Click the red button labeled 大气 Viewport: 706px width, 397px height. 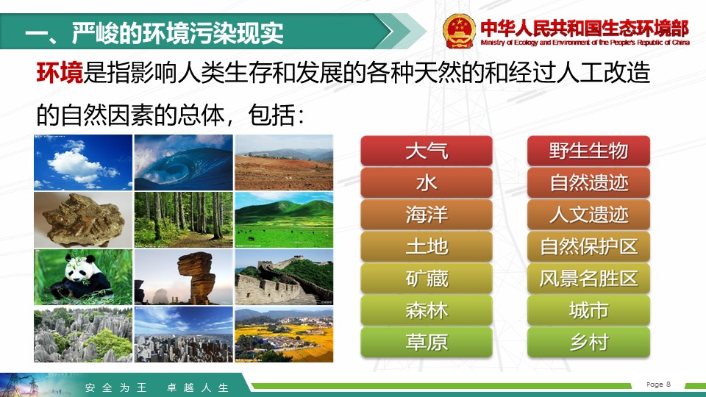click(427, 151)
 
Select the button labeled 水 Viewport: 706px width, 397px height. click(427, 183)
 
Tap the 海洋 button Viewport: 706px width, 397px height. click(427, 215)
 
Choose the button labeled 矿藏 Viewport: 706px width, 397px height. click(427, 279)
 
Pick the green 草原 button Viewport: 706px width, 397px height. click(427, 342)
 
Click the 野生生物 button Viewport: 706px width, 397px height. click(588, 151)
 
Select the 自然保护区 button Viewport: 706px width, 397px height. click(588, 247)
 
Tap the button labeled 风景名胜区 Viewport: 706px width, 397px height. click(588, 279)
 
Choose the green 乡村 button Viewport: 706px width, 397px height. click(588, 342)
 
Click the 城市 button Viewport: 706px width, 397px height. click(588, 310)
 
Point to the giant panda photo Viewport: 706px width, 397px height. click(83, 277)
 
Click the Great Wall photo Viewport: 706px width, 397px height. click(284, 277)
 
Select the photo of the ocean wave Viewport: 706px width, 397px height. click(184, 162)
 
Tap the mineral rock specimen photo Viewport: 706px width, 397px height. click(83, 220)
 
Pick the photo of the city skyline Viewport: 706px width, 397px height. click(184, 335)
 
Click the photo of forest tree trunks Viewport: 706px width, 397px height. click(184, 220)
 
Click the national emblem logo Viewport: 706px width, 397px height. click(459, 31)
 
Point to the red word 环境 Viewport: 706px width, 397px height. click(60, 73)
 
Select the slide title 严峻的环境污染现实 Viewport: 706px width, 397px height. click(178, 33)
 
